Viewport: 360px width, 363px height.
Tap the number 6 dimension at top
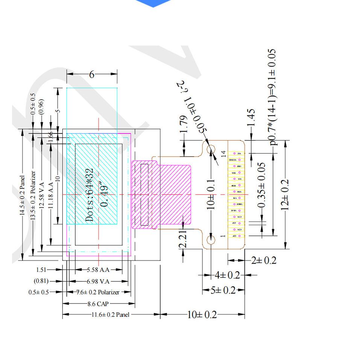91,74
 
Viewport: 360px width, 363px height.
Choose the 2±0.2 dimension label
263,260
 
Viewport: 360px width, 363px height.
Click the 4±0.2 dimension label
227,275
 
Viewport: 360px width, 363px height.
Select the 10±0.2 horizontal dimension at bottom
202,314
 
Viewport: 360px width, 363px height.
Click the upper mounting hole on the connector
211,149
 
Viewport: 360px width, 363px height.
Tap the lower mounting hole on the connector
211,240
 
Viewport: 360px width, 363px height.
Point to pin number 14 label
223,153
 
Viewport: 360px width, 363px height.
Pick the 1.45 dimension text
251,117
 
